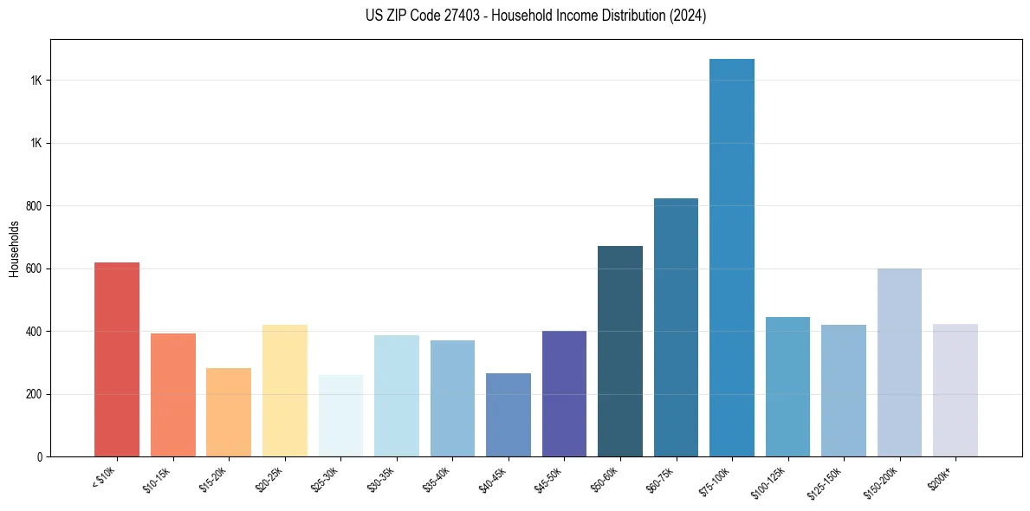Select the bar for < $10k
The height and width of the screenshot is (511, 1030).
(117, 359)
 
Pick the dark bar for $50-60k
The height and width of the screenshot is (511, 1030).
(620, 352)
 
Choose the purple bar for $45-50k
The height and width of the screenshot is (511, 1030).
(564, 394)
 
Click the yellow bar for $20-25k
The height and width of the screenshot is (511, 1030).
(285, 391)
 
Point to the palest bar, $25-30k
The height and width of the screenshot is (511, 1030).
(340, 416)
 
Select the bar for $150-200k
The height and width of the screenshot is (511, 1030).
(899, 363)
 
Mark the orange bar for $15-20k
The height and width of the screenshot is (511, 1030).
(229, 412)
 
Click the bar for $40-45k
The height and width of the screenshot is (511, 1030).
(509, 415)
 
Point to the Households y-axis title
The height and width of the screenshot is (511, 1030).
(15, 249)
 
